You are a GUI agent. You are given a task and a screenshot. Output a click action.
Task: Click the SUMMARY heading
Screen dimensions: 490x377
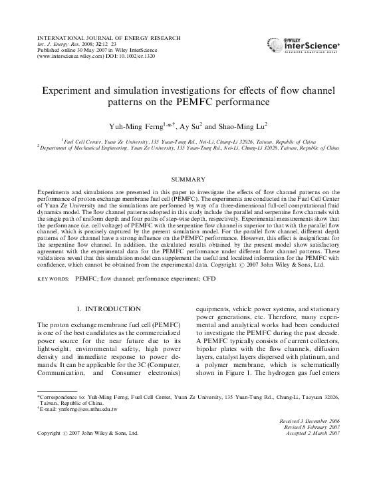(x=188, y=180)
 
